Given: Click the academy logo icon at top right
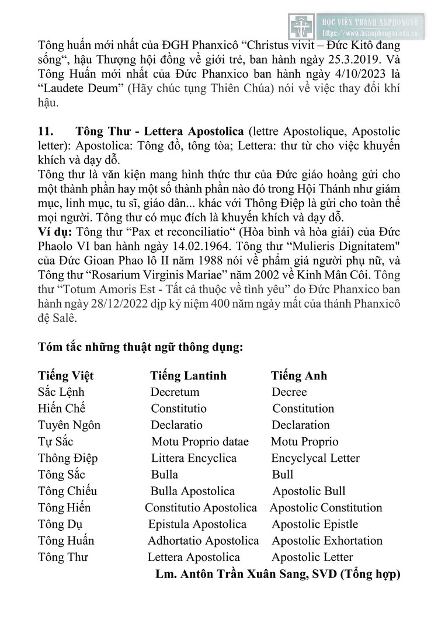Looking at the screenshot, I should click(301, 26).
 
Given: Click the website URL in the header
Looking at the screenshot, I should click(378, 34).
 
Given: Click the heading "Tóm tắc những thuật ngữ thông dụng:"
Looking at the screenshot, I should click(140, 346).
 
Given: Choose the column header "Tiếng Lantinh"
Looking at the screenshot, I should click(188, 375).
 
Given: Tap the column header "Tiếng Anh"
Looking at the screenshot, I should click(299, 375).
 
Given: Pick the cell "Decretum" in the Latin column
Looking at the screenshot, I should click(175, 392).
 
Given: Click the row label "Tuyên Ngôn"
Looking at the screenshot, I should click(69, 425).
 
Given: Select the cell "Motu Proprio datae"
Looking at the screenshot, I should click(200, 441).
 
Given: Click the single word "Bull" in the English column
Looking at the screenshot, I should click(283, 475).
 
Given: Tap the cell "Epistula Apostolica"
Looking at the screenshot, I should click(197, 524).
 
